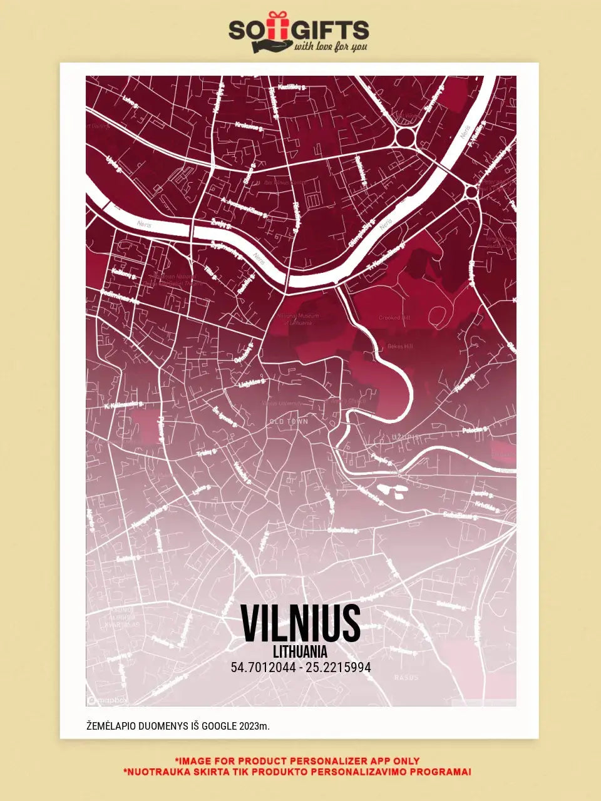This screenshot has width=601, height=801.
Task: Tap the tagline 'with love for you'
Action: click(331, 46)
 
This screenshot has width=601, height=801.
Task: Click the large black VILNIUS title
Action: click(300, 623)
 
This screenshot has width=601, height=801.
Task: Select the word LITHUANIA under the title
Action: click(300, 652)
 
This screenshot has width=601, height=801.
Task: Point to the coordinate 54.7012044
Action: click(263, 668)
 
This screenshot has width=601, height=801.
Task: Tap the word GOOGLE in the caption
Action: click(215, 726)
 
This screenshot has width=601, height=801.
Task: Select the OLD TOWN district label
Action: click(289, 422)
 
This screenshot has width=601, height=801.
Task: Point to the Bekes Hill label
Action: click(401, 346)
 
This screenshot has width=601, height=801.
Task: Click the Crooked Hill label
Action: click(394, 318)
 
